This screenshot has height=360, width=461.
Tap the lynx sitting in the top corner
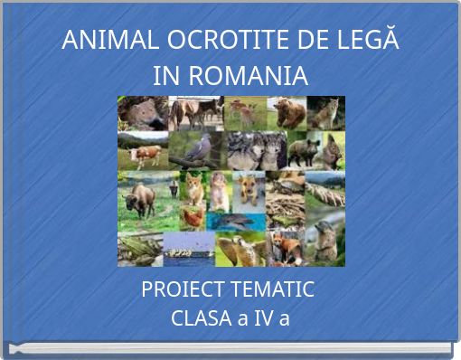[x=326, y=113]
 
